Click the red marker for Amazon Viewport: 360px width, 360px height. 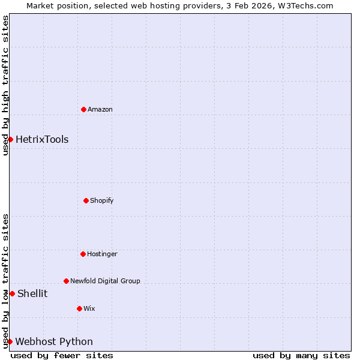tap(83, 109)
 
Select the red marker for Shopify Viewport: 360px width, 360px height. tap(86, 200)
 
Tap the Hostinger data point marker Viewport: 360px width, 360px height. tap(83, 254)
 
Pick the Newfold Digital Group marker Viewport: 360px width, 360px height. tap(66, 281)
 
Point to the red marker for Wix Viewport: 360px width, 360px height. tap(79, 308)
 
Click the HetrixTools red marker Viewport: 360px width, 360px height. tap(10, 139)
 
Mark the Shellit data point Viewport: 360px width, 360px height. tap(12, 293)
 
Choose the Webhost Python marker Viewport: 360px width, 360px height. tap(10, 341)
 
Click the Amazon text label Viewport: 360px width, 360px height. tap(100, 109)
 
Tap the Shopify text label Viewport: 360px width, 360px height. tap(102, 200)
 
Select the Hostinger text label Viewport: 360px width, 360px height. tap(102, 254)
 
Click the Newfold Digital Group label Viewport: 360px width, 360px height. tap(105, 281)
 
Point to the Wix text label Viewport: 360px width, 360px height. tap(89, 308)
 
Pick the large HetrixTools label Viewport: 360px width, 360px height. tap(42, 140)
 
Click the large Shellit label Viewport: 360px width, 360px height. tap(32, 293)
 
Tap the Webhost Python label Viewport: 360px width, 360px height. tap(54, 342)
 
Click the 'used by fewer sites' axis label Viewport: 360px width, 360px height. tap(62, 355)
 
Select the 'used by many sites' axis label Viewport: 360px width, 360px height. tap(301, 355)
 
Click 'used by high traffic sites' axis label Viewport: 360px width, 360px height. tap(5, 85)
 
